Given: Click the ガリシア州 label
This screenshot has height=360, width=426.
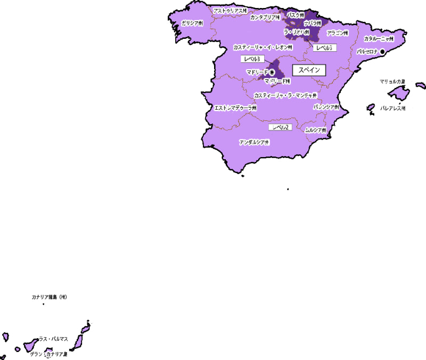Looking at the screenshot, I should point(192,23).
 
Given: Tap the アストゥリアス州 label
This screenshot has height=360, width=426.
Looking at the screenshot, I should point(230,10).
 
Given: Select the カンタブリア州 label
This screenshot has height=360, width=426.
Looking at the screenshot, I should point(265,18).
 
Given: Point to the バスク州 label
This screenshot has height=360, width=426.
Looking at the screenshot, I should point(296,15).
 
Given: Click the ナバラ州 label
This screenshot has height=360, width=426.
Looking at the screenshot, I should point(313,23).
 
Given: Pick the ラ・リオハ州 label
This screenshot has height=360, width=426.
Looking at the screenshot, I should point(297,32).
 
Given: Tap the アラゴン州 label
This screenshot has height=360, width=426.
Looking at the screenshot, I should point(337,32).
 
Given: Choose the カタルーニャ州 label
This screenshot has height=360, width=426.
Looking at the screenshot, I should point(379,39).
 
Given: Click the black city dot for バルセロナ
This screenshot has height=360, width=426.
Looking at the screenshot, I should point(382,51).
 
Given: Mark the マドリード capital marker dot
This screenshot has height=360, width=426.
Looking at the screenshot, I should point(272,71).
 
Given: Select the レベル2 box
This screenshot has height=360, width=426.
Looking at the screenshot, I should point(281,127).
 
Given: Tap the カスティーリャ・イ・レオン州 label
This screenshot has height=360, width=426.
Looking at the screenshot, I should point(263,47).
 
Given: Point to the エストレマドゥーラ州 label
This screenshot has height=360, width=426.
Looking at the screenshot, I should point(235,108).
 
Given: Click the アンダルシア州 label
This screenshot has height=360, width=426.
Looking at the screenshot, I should point(254,143).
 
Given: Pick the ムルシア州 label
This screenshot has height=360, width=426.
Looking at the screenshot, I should point(315,130).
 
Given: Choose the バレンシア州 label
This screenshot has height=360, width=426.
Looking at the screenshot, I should point(326,107).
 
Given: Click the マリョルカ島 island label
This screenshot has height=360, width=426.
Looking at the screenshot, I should point(392,81).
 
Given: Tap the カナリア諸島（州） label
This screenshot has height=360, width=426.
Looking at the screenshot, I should point(49,297).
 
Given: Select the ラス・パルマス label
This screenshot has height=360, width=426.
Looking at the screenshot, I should point(53,339).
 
